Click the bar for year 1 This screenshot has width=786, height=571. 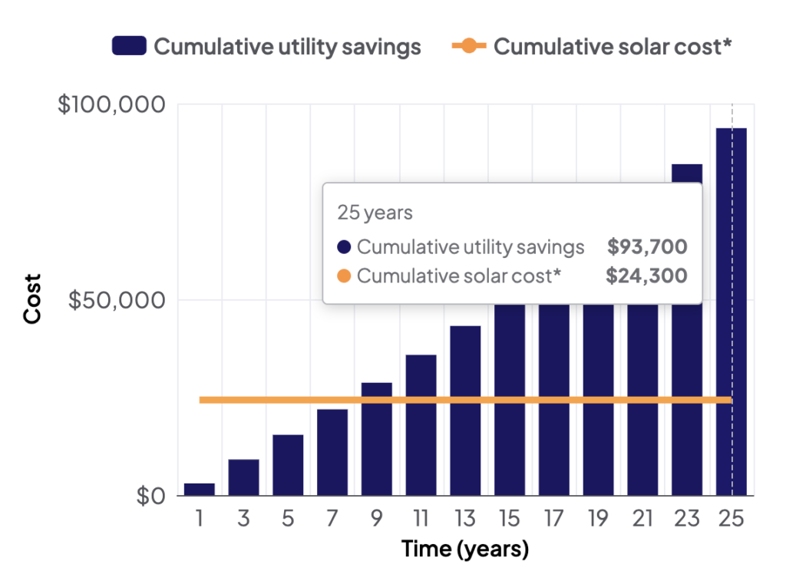(200, 489)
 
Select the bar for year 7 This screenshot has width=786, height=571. (332, 452)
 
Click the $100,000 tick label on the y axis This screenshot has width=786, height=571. (112, 104)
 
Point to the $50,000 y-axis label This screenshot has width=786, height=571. (117, 300)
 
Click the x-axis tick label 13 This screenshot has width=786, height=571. (465, 519)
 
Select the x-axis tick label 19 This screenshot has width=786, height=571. (598, 519)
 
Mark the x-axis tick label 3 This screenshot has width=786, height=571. (243, 519)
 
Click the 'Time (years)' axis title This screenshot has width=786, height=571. (465, 550)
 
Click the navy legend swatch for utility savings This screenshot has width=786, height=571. (129, 46)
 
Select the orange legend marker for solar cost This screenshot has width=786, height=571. (468, 46)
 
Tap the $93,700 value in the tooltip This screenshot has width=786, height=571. (647, 247)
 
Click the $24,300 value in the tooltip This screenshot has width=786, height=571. (646, 276)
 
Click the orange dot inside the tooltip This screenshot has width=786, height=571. (344, 276)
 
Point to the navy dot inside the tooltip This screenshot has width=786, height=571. (344, 247)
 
